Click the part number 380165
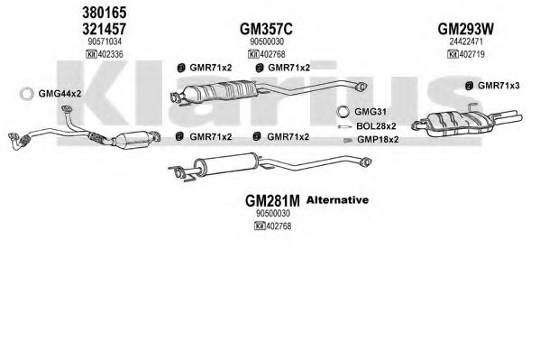(x=105, y=13)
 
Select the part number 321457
(x=105, y=29)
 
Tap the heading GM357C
(x=266, y=29)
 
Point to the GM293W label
(x=465, y=29)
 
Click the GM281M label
(x=272, y=200)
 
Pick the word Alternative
(x=337, y=200)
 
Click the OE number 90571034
(x=105, y=42)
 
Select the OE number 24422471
(x=466, y=42)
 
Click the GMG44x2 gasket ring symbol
(x=26, y=94)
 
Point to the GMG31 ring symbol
(x=343, y=111)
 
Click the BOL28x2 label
(x=376, y=126)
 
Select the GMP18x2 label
(x=378, y=139)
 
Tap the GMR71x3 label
(x=499, y=86)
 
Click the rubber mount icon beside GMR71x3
(x=469, y=86)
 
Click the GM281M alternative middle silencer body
(x=225, y=162)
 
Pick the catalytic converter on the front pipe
(x=131, y=139)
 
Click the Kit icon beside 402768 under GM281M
(x=260, y=226)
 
